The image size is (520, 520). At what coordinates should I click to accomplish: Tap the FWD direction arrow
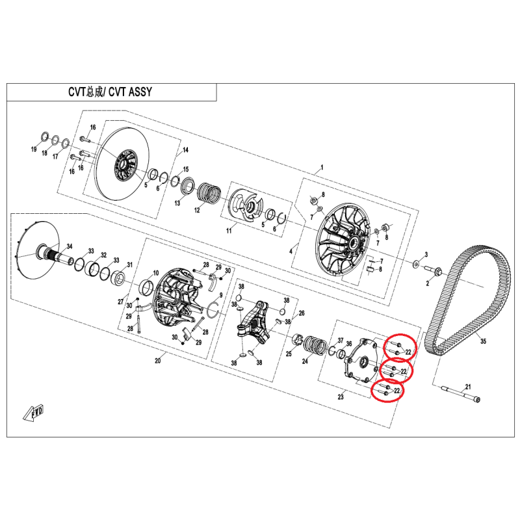click(34, 413)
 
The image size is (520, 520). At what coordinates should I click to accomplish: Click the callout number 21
click(468, 387)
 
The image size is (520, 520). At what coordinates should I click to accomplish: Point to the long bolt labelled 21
click(461, 394)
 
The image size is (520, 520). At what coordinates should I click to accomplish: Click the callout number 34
click(70, 246)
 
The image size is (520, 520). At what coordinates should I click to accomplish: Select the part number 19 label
click(34, 149)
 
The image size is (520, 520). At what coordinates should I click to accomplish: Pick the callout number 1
click(321, 168)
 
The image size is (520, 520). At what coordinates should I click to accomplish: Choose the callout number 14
click(185, 150)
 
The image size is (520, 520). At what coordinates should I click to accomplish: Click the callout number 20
click(157, 360)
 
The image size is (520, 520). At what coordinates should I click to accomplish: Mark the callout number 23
click(341, 396)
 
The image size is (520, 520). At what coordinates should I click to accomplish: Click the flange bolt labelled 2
click(433, 271)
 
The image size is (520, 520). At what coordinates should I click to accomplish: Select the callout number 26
click(302, 313)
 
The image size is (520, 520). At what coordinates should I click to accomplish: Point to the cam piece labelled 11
click(246, 205)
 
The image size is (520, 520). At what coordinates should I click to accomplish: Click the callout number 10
click(156, 273)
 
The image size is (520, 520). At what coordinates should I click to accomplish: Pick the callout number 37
click(341, 340)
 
